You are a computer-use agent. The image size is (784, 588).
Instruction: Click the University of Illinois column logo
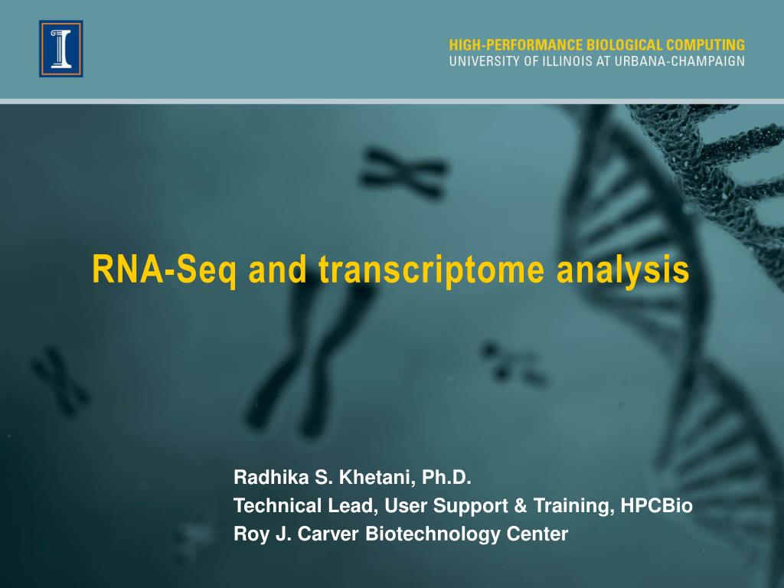[61, 48]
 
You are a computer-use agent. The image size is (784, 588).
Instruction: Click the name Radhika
[267, 479]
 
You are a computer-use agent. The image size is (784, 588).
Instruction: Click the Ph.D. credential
[444, 479]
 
